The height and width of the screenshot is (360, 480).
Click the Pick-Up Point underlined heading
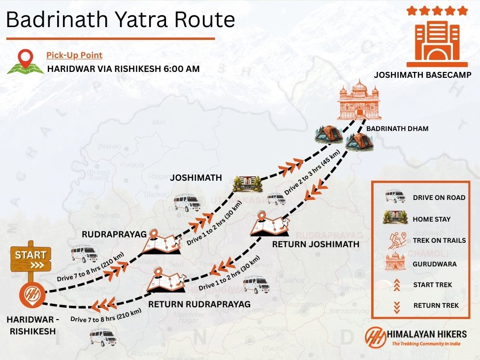[74, 56]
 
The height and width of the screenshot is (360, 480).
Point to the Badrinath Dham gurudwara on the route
[359, 100]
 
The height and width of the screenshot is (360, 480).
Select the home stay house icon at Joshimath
[248, 184]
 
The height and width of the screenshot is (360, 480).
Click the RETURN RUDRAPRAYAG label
[199, 304]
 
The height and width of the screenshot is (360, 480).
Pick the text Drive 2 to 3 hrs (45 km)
[313, 175]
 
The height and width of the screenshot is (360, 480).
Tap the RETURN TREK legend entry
[436, 305]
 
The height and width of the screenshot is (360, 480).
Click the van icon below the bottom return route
[102, 337]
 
